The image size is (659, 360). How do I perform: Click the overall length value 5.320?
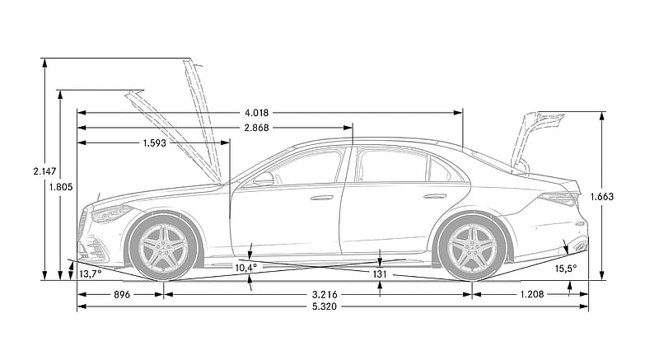tap(325, 306)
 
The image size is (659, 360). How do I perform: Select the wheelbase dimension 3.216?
tap(325, 294)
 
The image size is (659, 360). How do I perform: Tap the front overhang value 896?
tap(122, 294)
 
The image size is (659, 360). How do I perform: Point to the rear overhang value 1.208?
tap(532, 294)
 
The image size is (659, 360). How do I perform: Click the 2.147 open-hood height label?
tap(45, 171)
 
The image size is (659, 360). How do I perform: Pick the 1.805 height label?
tap(61, 187)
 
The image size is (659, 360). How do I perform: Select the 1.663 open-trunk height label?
tap(602, 196)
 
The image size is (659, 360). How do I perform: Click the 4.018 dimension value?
tap(256, 113)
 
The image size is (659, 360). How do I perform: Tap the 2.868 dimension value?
tap(256, 128)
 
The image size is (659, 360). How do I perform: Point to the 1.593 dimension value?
tap(155, 143)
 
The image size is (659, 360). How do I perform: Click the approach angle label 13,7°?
tap(91, 274)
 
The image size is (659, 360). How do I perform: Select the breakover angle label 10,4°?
tap(245, 267)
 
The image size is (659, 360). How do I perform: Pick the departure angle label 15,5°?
tap(566, 269)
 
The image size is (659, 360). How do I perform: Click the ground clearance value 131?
tap(380, 274)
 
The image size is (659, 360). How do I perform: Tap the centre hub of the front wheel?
tap(163, 247)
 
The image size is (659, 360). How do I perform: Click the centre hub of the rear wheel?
tap(472, 247)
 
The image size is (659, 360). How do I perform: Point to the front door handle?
tap(321, 198)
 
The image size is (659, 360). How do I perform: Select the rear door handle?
tap(435, 196)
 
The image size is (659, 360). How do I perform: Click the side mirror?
tap(264, 179)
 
